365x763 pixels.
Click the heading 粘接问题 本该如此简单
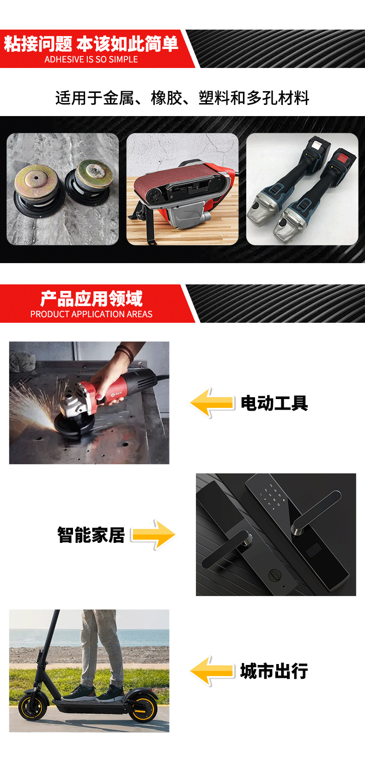point(91,44)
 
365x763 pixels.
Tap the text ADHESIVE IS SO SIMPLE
point(91,60)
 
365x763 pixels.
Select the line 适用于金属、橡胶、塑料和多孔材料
point(182,98)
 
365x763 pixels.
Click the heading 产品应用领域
point(91,299)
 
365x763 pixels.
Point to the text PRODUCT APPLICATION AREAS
point(91,314)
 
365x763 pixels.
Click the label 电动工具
point(274,403)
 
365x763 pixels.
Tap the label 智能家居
point(91,535)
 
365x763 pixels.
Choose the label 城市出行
point(274,671)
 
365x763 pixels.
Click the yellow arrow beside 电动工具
point(212,403)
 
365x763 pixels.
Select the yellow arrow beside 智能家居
point(153,535)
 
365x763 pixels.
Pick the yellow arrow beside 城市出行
point(212,671)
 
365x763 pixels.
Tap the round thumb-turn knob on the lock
point(275,575)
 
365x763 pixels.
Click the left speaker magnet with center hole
point(35,179)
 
